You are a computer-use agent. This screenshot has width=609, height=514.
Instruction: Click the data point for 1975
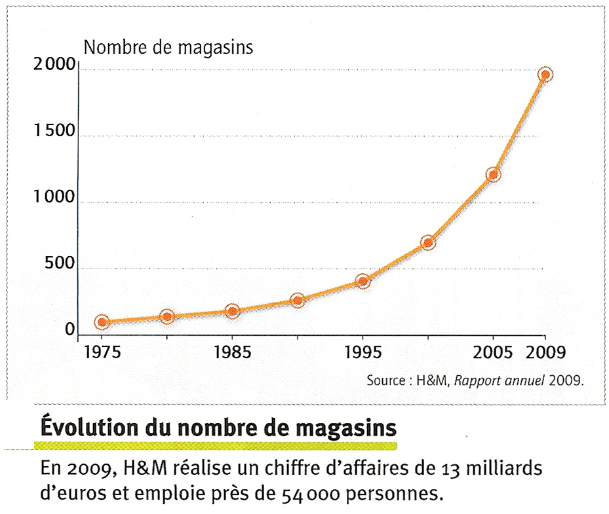coord(102,321)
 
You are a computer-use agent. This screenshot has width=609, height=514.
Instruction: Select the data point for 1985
coord(232,311)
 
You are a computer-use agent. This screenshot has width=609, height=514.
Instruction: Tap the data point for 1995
coord(363,281)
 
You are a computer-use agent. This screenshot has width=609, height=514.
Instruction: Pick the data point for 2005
coord(493,174)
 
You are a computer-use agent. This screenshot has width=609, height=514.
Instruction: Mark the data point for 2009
coord(545,74)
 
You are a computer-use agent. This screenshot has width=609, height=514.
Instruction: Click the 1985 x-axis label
coord(232,353)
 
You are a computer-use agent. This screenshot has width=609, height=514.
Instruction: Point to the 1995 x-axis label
coord(363,353)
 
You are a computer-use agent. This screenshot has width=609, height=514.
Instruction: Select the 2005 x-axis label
coord(493,353)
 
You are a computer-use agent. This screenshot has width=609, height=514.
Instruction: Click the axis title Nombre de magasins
coord(168,47)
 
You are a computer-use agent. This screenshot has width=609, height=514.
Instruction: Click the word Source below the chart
coord(385,380)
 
